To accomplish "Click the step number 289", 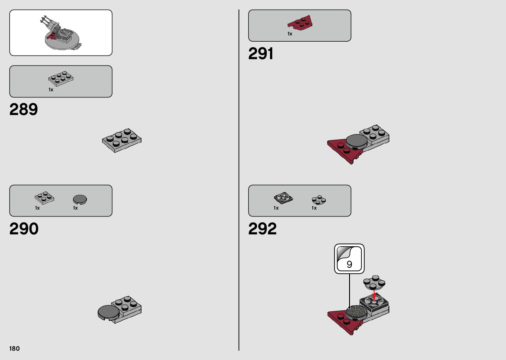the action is [24, 109].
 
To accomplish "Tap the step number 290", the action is [24, 229].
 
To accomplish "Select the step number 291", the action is [261, 54].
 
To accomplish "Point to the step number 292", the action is [262, 229].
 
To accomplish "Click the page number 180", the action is [15, 348].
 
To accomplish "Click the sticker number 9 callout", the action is [349, 259].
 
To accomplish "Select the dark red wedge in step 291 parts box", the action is [300, 22].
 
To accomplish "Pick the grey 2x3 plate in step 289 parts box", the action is [61, 79].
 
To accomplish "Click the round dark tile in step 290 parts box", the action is [80, 199].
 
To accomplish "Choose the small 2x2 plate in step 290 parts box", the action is [44, 198].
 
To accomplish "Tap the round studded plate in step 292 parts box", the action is [319, 200].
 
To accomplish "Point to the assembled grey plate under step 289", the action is [122, 140].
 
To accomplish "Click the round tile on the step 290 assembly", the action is [109, 312].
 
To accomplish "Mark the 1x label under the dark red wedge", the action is [290, 34].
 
